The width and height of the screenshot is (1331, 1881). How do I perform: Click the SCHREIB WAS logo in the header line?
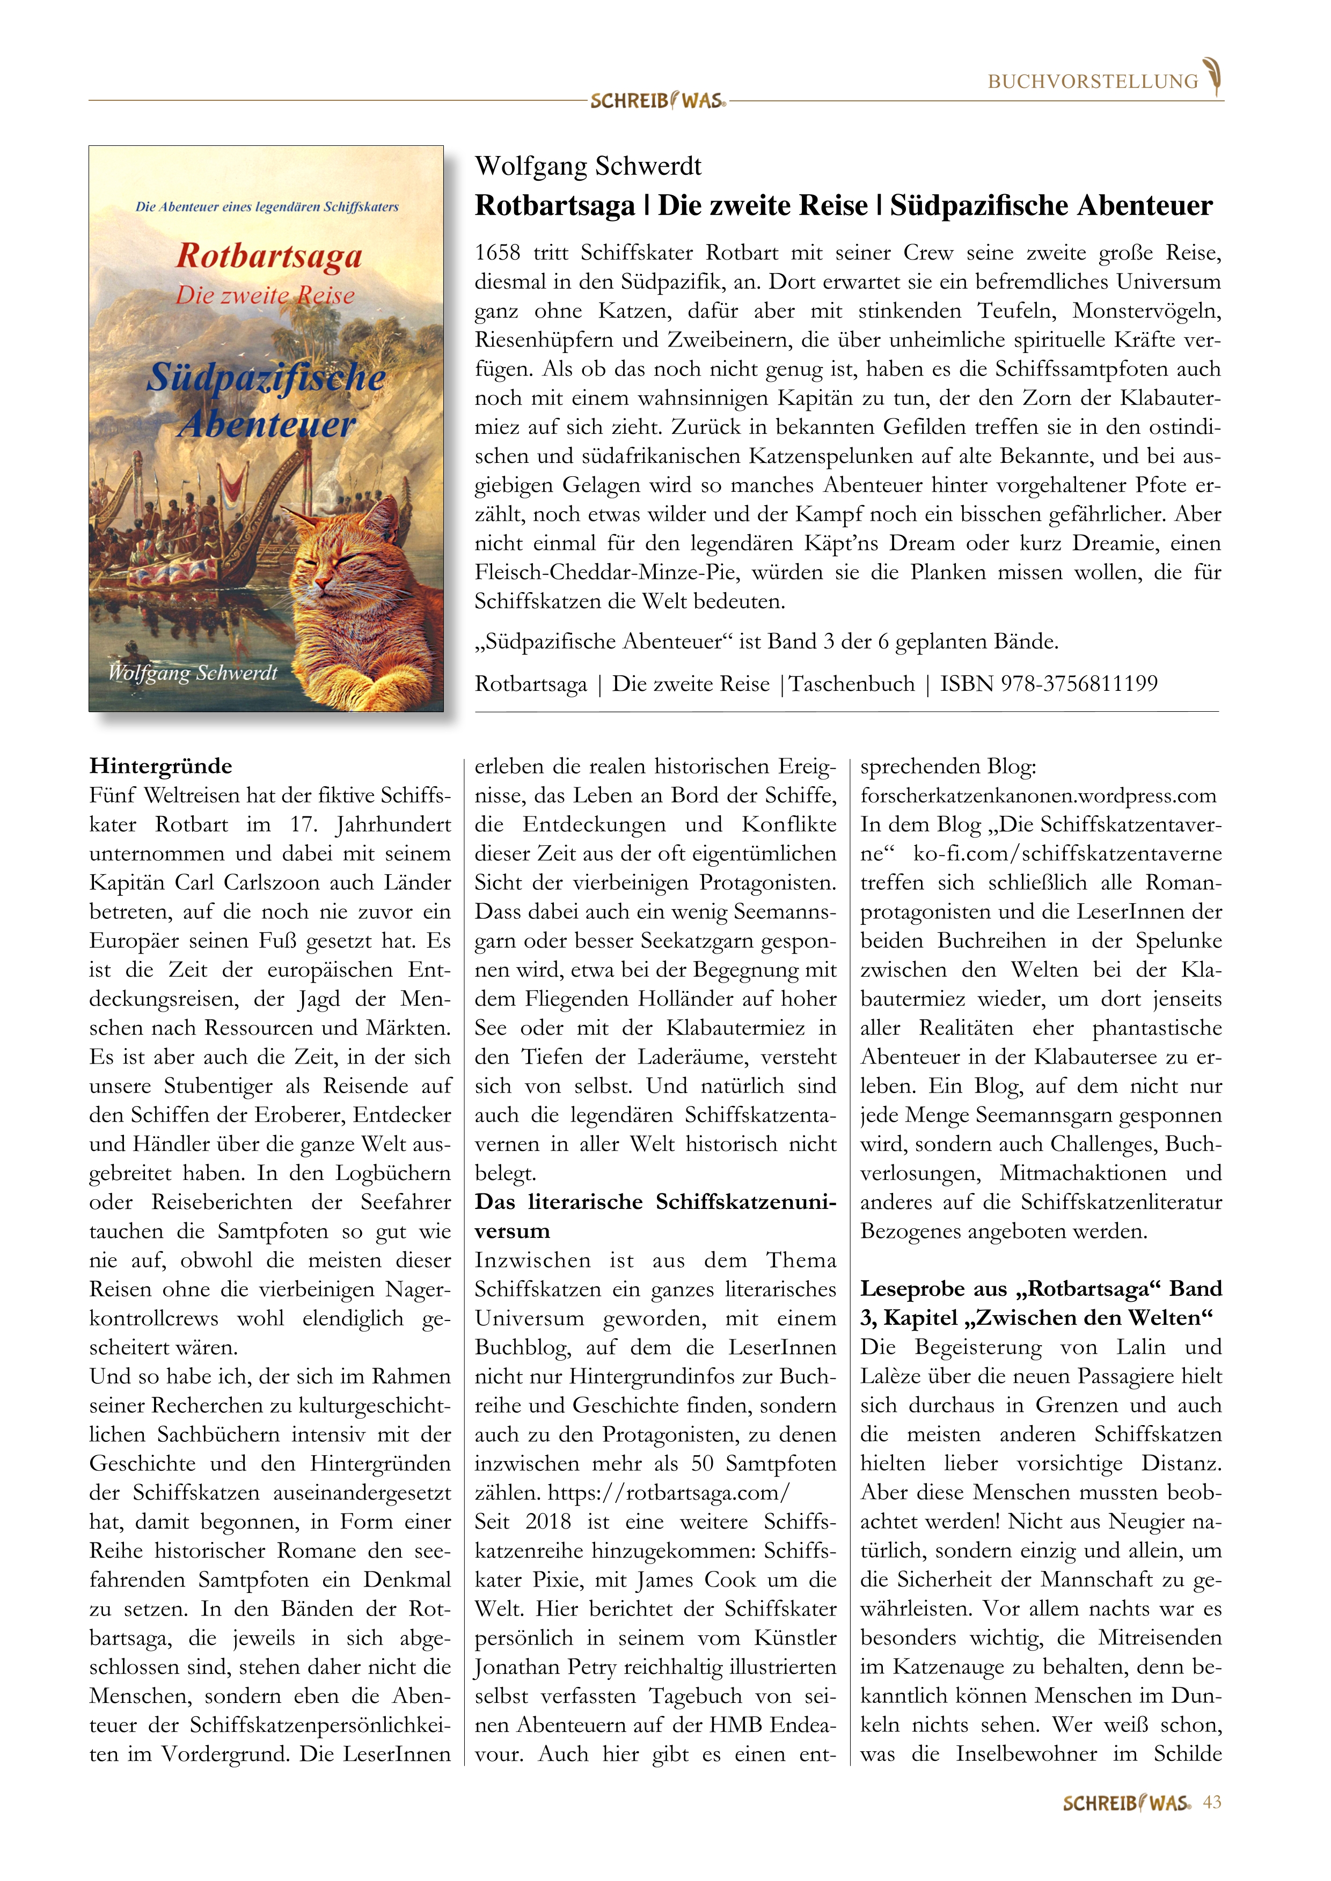tap(657, 101)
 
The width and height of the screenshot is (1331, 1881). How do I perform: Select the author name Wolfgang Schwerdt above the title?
tap(588, 166)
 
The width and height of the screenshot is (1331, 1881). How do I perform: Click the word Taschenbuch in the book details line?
tap(851, 683)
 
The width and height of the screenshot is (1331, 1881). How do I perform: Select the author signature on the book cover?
tap(193, 673)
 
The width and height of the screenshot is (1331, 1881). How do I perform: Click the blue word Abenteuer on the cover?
tap(267, 424)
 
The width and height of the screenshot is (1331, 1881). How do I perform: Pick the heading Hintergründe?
tap(160, 766)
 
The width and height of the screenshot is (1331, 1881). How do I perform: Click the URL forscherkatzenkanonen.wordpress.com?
tap(1037, 795)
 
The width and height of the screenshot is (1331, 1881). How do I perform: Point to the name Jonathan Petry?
tap(545, 1666)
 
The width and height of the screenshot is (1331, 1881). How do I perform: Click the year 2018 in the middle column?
tap(547, 1521)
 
